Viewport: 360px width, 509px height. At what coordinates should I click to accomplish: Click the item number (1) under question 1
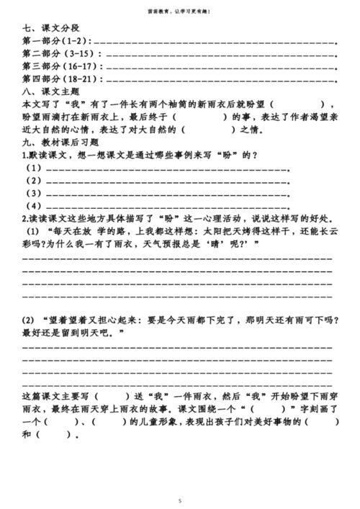[x=34, y=168]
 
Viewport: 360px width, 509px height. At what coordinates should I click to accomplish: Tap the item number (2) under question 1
[x=34, y=181]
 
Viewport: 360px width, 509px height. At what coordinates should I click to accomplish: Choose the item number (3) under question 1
[x=34, y=193]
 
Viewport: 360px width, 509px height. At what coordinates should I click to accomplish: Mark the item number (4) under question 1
[x=34, y=206]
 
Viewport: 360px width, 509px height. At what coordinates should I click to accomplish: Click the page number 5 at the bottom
[x=180, y=499]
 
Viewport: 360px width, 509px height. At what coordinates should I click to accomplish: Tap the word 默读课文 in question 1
[x=44, y=155]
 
